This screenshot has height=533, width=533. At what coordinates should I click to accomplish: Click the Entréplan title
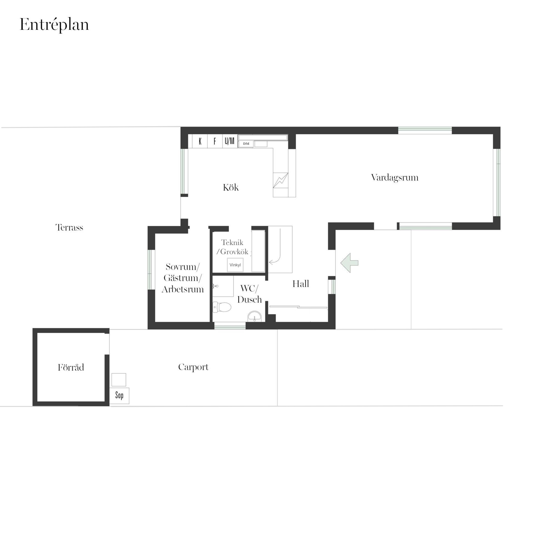click(54, 25)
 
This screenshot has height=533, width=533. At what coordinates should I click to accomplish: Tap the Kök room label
click(231, 187)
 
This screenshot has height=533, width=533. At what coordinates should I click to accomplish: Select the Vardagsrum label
click(394, 178)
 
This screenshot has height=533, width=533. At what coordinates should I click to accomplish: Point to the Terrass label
click(69, 227)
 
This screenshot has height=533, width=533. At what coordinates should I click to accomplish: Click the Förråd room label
click(71, 367)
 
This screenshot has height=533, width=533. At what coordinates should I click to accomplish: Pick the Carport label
click(193, 367)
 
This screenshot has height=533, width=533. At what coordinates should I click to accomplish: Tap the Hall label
click(301, 284)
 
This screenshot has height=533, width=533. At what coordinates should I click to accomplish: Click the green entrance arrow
click(349, 263)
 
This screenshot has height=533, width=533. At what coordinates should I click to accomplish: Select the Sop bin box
click(119, 395)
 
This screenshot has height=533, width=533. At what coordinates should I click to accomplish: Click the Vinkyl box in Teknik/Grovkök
click(235, 265)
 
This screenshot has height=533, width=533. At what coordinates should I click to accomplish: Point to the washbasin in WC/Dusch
click(255, 316)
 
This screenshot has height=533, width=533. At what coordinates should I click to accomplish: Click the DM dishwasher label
click(246, 144)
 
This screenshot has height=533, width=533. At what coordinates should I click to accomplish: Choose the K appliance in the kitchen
click(200, 141)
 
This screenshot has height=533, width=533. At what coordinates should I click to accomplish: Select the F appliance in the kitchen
click(215, 141)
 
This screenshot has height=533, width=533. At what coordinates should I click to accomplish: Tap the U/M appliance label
click(230, 141)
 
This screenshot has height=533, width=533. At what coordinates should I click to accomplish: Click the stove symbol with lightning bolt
click(280, 180)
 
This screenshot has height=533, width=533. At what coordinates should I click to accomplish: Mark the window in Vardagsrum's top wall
click(425, 130)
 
